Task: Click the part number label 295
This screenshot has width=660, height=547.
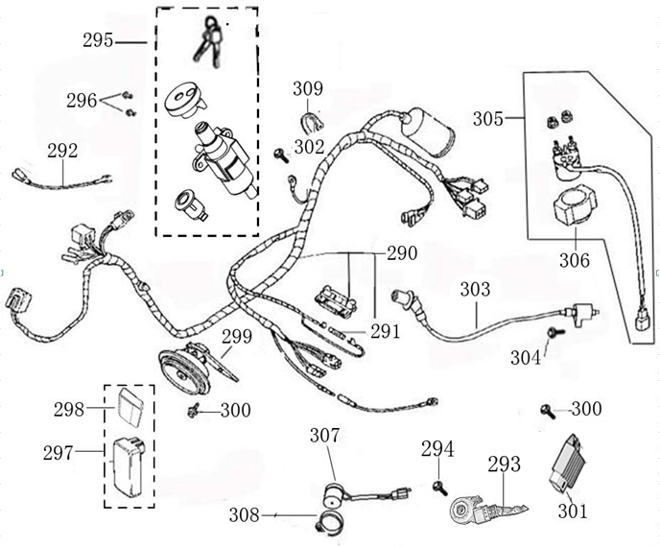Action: (98, 40)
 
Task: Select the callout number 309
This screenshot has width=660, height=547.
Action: (308, 89)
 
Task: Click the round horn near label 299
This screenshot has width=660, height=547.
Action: (183, 369)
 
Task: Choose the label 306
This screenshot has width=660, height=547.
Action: (576, 259)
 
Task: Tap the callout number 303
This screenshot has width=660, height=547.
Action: (475, 289)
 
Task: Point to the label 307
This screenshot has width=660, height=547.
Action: (325, 435)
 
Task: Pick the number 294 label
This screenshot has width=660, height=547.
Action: (437, 449)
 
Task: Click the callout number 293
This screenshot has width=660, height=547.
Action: (504, 464)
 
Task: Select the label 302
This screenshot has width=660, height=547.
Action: (310, 148)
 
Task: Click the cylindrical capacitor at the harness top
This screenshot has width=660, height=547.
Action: (429, 133)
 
